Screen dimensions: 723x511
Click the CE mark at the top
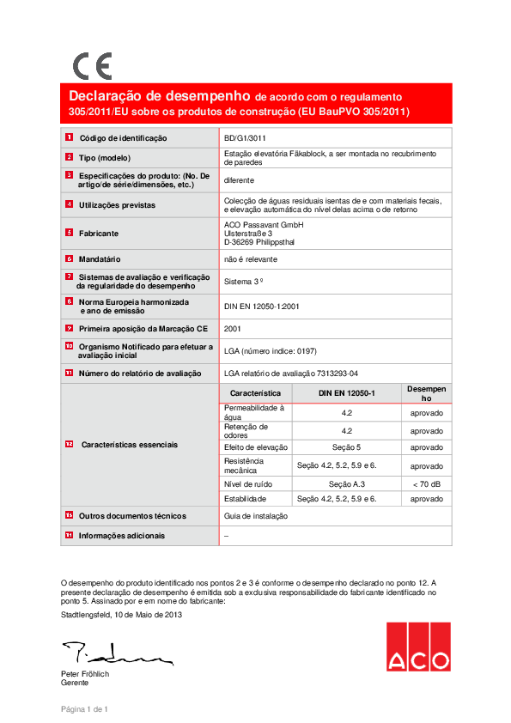point(92,66)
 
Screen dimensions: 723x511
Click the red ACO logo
point(417,647)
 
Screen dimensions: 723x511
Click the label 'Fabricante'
point(99,234)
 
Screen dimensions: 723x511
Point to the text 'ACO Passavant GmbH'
point(258,224)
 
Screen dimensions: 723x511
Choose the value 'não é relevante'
point(251,258)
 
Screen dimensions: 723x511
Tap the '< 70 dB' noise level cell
point(426,485)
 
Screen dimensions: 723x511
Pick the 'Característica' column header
point(256,392)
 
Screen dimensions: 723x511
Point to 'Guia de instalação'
point(255,516)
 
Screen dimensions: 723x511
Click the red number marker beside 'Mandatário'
point(69,258)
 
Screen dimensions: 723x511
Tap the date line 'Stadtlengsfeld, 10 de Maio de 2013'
point(121,615)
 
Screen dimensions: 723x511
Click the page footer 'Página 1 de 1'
point(83,708)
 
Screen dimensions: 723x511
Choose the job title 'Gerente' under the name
point(75,683)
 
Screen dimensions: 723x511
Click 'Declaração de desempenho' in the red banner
point(160,96)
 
